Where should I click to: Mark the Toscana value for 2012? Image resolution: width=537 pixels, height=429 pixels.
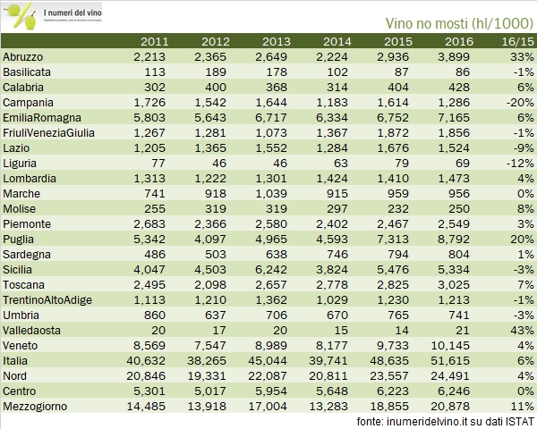pos(213,285)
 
